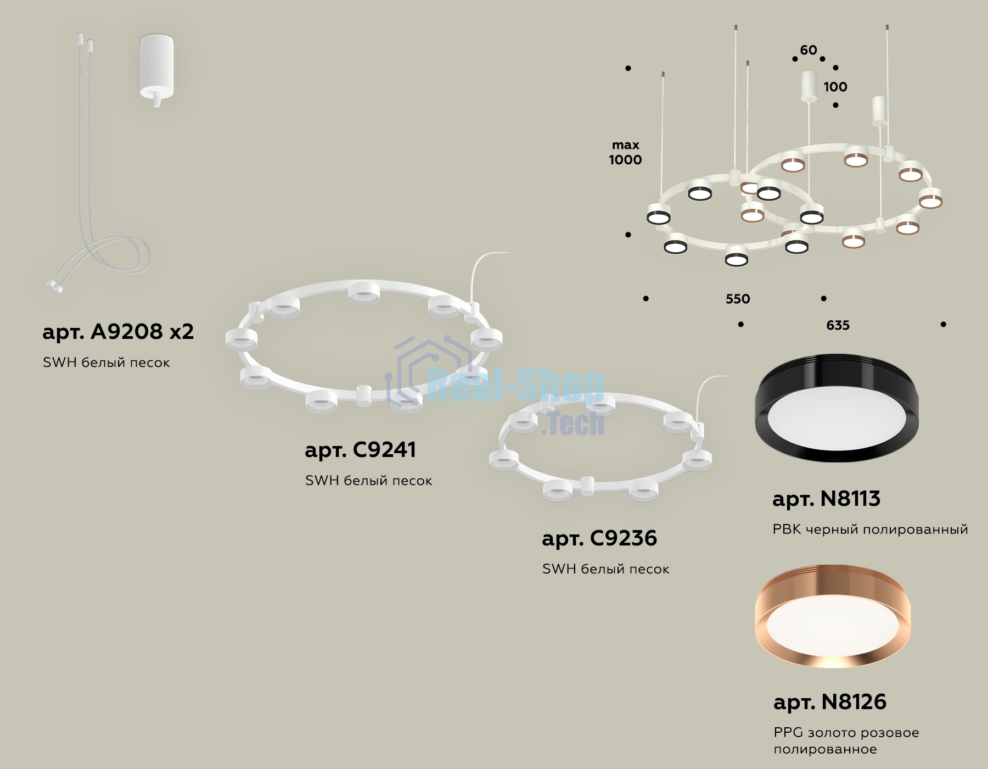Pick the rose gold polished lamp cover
coord(833,616)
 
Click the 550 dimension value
coord(738,299)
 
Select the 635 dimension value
coord(838,325)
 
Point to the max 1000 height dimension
coord(626,153)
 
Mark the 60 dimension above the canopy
coord(809,50)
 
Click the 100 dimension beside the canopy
coord(835,87)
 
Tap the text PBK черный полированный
coord(870,530)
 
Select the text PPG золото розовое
coord(846,733)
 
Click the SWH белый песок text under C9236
coord(605,569)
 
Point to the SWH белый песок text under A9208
coord(106,363)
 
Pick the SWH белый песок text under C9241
coord(368,481)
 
